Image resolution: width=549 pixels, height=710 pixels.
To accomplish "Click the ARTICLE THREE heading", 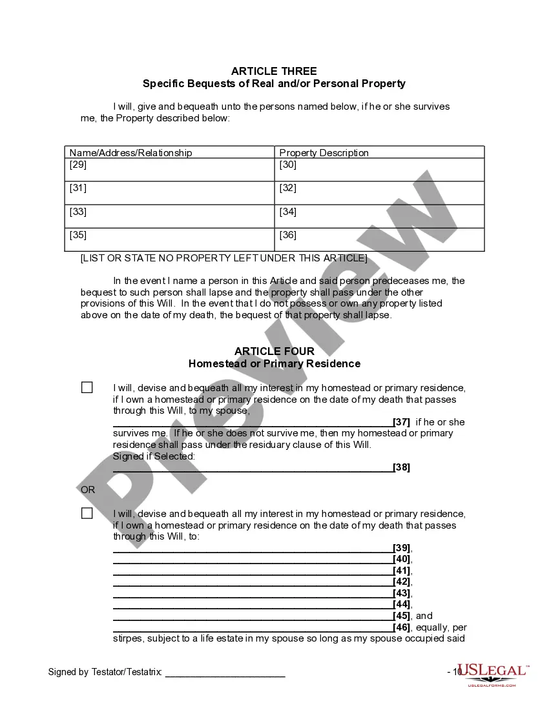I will coord(274,71).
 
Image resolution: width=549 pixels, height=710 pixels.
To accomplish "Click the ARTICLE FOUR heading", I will coord(274,351).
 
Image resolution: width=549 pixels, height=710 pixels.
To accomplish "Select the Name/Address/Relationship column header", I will coord(130,153).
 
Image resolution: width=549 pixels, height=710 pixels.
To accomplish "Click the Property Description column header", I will coord(324,153).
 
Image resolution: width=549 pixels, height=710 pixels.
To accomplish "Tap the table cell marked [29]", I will coord(169,170).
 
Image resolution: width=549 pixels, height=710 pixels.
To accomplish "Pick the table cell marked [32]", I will coord(379,193).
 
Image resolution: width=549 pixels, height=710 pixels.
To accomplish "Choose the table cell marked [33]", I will coord(169,216).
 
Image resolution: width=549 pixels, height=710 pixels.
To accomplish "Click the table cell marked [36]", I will coord(379,239).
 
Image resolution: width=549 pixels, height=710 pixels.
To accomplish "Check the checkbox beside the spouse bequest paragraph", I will coord(87,388).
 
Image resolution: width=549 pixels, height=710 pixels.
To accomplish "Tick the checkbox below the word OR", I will coord(87,514).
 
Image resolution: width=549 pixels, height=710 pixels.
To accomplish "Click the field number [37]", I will coord(401,422).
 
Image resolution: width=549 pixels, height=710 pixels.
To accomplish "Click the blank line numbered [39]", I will coord(253,549).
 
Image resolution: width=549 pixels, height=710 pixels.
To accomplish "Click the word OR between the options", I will coord(88,490).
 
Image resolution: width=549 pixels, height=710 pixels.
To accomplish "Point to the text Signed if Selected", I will coord(154,456).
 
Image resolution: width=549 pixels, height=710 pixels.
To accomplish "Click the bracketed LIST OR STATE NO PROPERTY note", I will coord(223,258).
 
